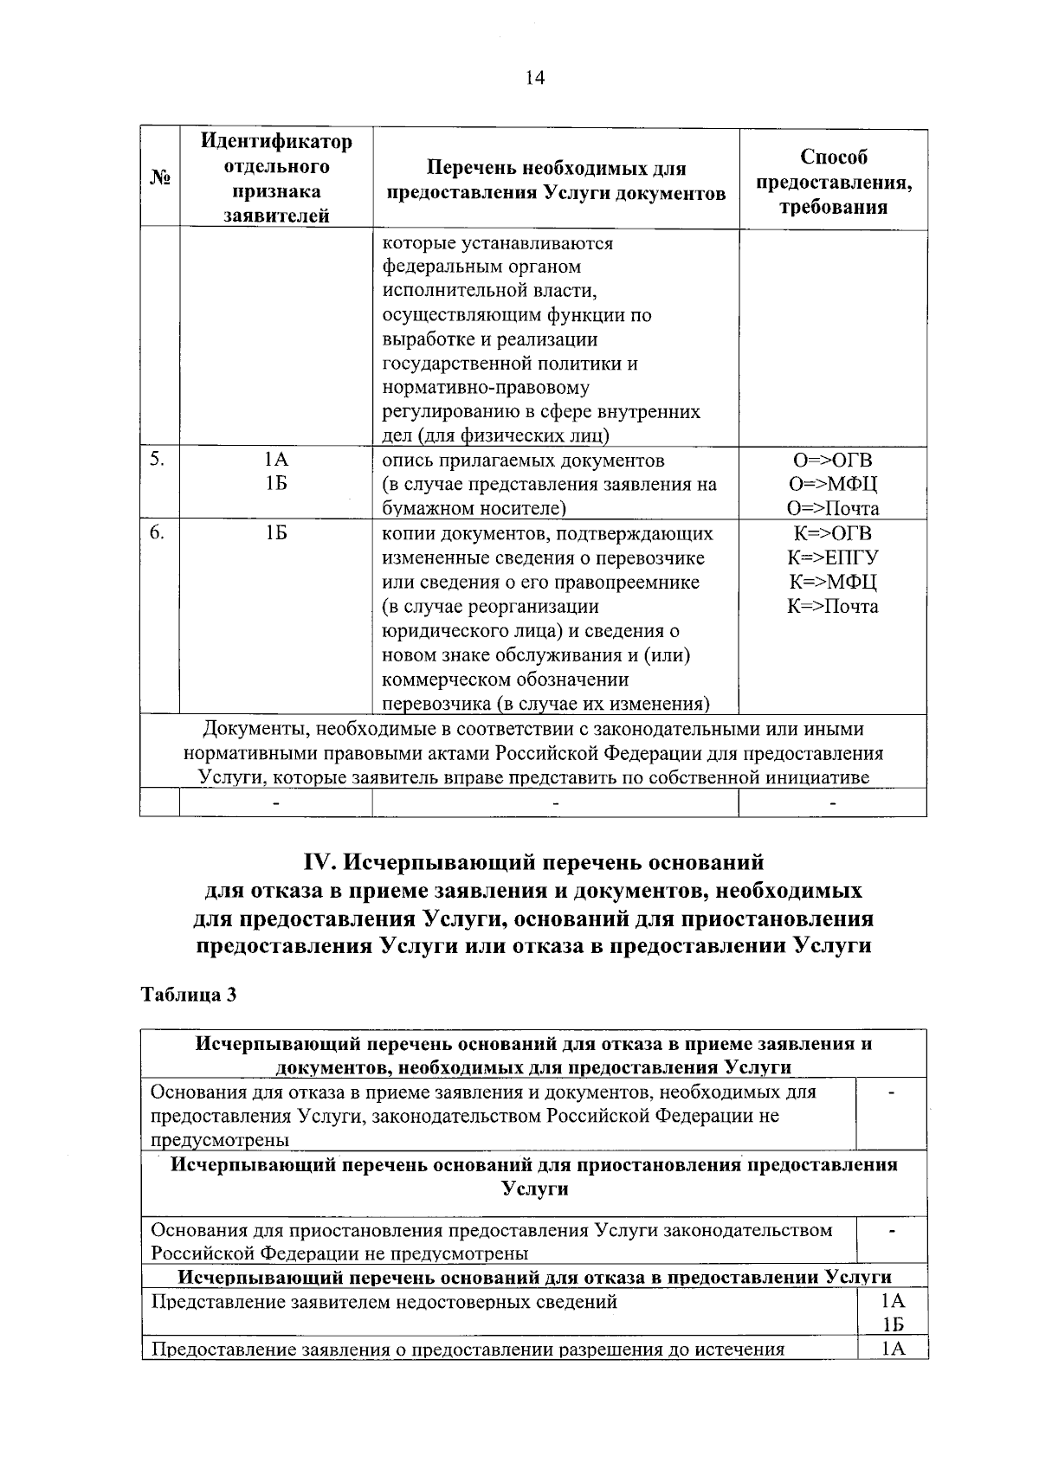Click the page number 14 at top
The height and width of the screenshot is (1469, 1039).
[534, 79]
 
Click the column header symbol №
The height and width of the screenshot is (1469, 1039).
[160, 178]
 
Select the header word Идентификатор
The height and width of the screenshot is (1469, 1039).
[276, 141]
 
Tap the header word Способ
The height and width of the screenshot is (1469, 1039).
[833, 158]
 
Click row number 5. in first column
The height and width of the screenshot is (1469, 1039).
[156, 460]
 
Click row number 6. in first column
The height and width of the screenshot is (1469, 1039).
[156, 532]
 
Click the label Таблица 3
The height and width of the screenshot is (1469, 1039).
[189, 995]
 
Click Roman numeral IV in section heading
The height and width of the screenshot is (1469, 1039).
[321, 863]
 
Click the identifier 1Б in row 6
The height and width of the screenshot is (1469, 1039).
[276, 533]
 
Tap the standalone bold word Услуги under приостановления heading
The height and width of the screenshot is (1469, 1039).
[534, 1189]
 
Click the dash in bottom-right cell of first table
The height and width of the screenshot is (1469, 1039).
[832, 803]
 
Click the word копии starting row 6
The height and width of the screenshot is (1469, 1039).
[408, 533]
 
